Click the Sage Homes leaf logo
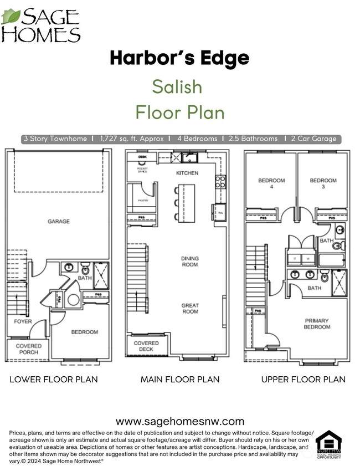(11, 17)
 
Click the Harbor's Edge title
(179, 58)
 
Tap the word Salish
(177, 87)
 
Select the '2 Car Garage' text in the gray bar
(313, 139)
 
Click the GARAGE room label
(59, 222)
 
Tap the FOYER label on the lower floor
(23, 321)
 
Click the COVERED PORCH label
(28, 350)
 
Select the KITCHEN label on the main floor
(187, 173)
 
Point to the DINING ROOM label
(190, 262)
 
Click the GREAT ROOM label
(190, 309)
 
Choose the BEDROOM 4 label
(271, 184)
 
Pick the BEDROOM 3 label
(323, 184)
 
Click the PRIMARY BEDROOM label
(316, 324)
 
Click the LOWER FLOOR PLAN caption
(54, 380)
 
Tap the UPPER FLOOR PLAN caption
(304, 380)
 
